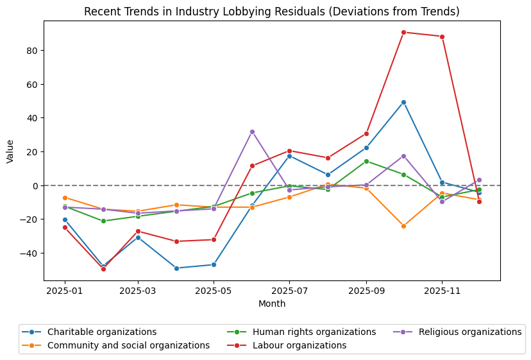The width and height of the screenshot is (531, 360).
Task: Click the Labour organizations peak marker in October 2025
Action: [403, 32]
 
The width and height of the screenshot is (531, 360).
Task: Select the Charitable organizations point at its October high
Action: [403, 102]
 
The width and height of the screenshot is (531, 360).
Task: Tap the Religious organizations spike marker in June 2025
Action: [252, 132]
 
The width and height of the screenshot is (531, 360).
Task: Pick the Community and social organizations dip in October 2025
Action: [403, 226]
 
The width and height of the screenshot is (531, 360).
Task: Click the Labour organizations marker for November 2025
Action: [442, 37]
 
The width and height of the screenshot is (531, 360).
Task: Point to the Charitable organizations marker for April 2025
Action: [176, 268]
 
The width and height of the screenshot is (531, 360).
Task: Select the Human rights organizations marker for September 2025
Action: [366, 161]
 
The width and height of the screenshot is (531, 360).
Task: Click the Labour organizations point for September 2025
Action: [366, 133]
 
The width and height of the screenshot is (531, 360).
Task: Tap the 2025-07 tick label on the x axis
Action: [289, 290]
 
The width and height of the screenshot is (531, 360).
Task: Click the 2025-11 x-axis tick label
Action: [442, 290]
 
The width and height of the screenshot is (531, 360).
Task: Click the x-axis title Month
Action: [272, 304]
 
